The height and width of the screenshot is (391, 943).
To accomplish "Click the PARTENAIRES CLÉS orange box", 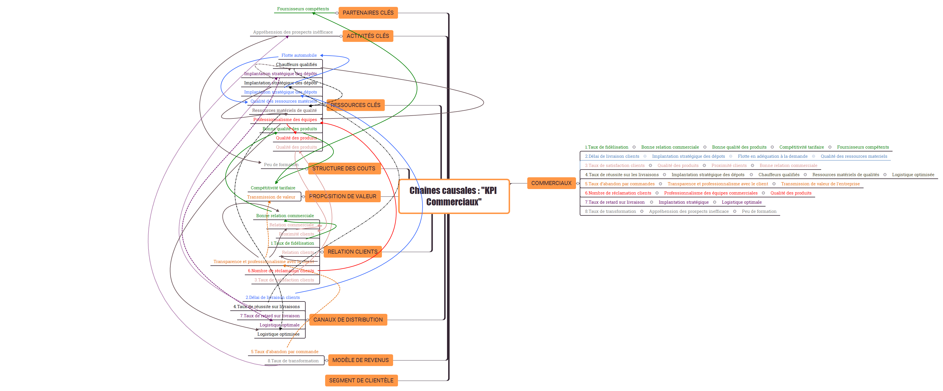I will [x=368, y=13].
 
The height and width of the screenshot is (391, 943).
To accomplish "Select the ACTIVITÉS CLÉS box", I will [x=368, y=36].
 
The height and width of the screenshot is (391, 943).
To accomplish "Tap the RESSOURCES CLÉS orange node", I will [x=356, y=105].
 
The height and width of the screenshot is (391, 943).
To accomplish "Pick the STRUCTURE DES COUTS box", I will [x=344, y=168].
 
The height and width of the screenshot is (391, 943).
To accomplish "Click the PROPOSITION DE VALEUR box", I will [x=343, y=196].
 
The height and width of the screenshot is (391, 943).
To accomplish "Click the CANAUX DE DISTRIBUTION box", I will [x=348, y=320].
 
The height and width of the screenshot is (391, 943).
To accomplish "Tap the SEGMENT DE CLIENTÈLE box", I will [x=361, y=380].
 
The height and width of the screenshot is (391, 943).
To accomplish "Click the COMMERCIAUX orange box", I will [x=551, y=183].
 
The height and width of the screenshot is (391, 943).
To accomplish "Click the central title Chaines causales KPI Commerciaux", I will [x=453, y=196].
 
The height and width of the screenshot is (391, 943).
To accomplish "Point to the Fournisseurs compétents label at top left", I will [x=303, y=9].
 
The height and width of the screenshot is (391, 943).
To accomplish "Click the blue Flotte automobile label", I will [x=299, y=55].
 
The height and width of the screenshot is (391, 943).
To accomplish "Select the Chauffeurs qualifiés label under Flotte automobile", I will [x=296, y=65].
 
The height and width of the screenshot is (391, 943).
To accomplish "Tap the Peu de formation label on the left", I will [x=281, y=165].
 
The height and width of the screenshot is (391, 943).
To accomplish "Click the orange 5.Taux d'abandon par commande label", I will [x=284, y=351].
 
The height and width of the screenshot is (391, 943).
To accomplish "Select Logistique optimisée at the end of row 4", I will [x=913, y=175].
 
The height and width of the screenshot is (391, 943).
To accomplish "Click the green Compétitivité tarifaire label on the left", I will [x=273, y=188].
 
